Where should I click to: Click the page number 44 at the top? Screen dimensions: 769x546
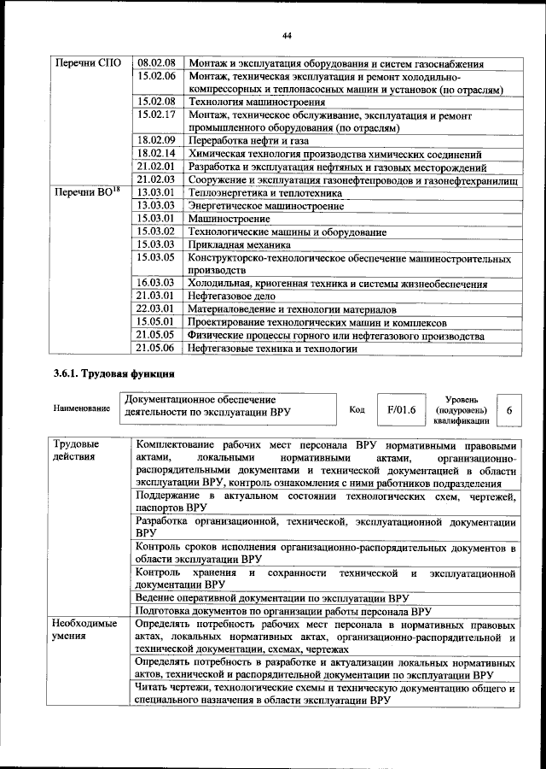click(287, 34)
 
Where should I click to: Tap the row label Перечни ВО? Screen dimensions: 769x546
click(85, 193)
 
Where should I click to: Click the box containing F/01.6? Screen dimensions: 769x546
click(400, 410)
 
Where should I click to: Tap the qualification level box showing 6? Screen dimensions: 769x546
click(509, 410)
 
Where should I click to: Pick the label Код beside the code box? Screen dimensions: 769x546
click(357, 409)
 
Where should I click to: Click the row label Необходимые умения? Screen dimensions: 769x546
click(84, 631)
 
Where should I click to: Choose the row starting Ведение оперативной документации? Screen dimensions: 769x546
click(273, 597)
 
